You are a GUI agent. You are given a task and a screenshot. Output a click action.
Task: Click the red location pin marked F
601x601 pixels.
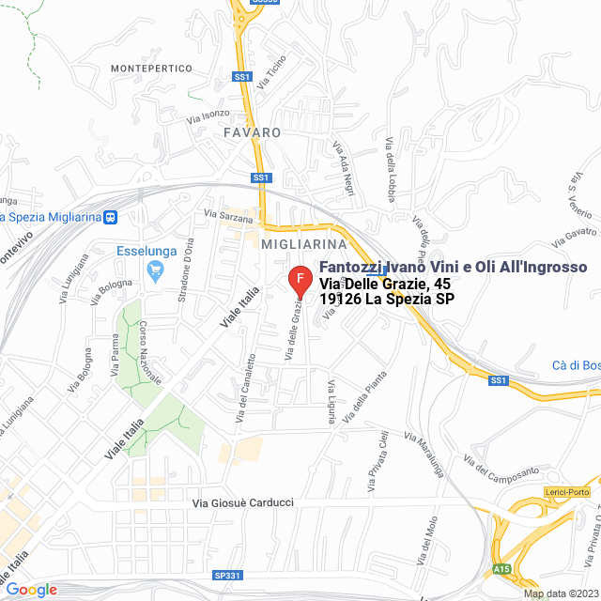click(300, 280)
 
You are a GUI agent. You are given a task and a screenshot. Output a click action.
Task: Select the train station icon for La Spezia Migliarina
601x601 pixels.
click(111, 217)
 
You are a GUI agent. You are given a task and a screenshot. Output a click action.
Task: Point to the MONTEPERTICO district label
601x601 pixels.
click(151, 69)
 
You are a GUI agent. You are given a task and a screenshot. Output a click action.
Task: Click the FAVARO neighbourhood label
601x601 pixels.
click(253, 132)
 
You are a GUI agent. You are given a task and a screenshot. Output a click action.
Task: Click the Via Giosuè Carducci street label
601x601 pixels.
click(243, 503)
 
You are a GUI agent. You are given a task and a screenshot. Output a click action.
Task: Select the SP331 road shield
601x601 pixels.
click(226, 575)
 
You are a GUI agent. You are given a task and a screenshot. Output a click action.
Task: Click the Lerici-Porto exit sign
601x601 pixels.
click(566, 492)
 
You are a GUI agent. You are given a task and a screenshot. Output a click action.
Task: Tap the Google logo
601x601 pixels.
click(32, 590)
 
